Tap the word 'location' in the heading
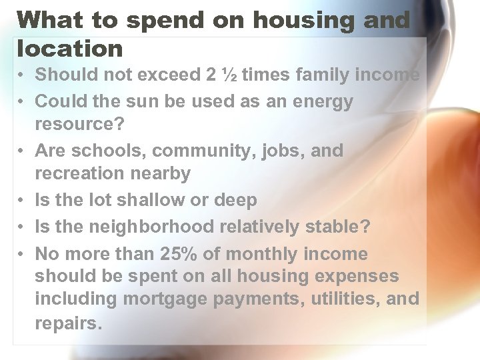click(71, 48)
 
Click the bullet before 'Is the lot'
click(22, 201)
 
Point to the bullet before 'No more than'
click(22, 255)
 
